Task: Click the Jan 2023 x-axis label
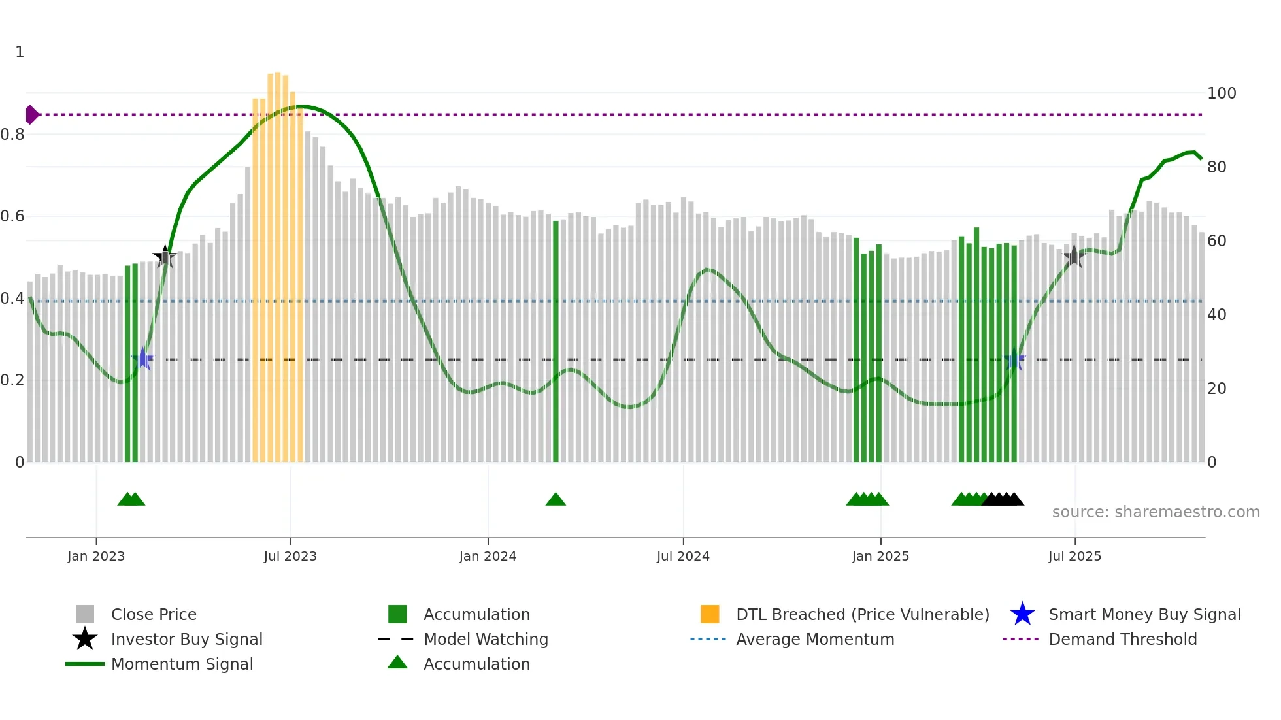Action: (x=96, y=556)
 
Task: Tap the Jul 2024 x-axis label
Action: (x=683, y=556)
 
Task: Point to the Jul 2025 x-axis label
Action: (x=1074, y=556)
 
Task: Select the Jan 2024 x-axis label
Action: (x=488, y=556)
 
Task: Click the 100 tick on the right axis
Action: (x=1221, y=93)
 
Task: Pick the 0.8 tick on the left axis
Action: (x=12, y=135)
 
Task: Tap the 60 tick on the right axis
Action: (x=1216, y=241)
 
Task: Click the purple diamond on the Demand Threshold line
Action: (x=31, y=114)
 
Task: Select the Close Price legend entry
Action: (x=154, y=614)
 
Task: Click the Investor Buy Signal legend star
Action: (x=85, y=639)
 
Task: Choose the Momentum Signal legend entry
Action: (x=182, y=664)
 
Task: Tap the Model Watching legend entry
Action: (x=486, y=639)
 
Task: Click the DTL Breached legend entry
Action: (x=862, y=614)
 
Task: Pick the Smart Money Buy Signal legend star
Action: (x=1022, y=614)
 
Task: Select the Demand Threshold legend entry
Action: (x=1122, y=639)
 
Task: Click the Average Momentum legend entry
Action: (x=815, y=639)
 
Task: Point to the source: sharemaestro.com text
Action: (x=1156, y=512)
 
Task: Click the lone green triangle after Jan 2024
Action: (x=556, y=500)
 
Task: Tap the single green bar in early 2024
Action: (x=556, y=340)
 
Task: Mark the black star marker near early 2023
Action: (x=165, y=257)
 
